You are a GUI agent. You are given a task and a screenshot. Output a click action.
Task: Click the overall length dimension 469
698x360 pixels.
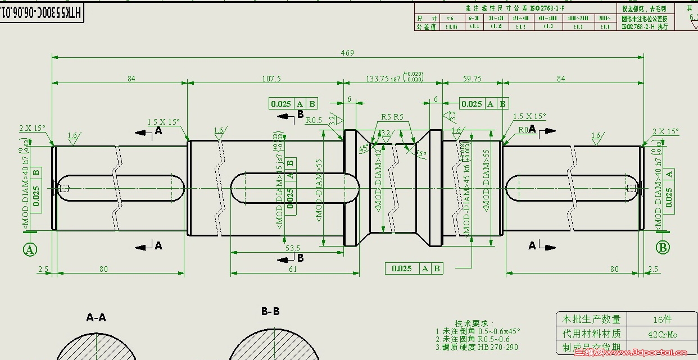347,53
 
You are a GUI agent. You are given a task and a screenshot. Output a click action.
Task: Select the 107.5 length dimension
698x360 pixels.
271,79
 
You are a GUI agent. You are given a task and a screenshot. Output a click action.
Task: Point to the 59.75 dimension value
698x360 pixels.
471,79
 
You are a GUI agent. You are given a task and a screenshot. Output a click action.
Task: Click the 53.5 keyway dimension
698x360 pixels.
293,248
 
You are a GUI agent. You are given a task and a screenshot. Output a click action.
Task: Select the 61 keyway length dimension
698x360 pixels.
293,270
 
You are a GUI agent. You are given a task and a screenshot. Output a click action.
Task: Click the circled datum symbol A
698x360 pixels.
30,249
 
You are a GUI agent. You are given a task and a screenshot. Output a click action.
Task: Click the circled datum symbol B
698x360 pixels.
663,247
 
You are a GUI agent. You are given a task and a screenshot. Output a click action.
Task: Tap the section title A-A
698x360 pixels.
96,318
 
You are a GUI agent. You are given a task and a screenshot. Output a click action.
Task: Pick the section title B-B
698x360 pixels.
270,312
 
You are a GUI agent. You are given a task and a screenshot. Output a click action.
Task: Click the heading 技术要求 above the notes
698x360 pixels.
473,324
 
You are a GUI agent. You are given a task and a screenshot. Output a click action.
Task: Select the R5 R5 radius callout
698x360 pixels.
392,117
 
